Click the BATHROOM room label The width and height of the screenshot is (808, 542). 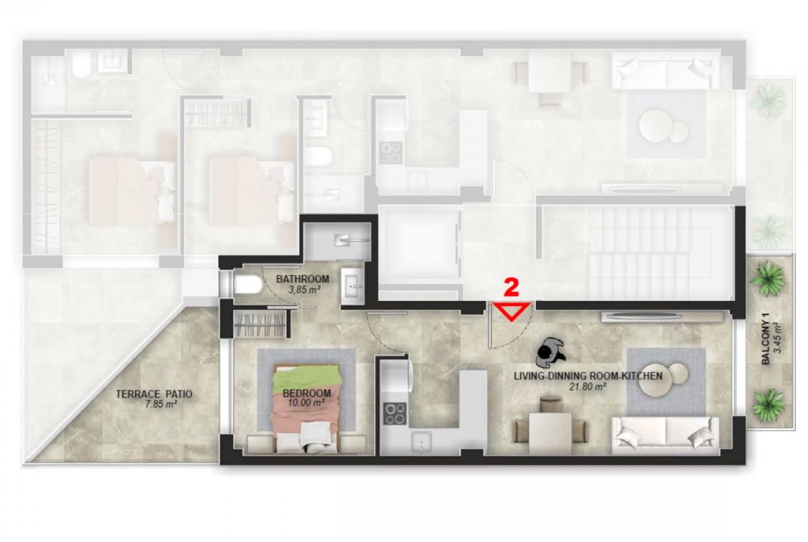[x=302, y=279]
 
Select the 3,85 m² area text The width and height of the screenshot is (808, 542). [x=304, y=290]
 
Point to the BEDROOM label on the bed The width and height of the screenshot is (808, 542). [x=307, y=394]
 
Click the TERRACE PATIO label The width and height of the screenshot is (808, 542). [x=153, y=394]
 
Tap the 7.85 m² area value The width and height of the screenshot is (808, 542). [x=161, y=405]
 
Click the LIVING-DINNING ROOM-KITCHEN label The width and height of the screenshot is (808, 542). [x=588, y=376]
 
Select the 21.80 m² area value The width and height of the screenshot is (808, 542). [x=588, y=387]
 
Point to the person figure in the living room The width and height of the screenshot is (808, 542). [x=550, y=351]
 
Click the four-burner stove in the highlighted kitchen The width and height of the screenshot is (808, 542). [x=394, y=414]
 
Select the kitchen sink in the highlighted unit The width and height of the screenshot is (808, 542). [x=422, y=442]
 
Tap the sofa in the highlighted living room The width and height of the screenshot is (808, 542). [x=665, y=436]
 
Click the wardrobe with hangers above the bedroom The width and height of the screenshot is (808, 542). [x=260, y=325]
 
